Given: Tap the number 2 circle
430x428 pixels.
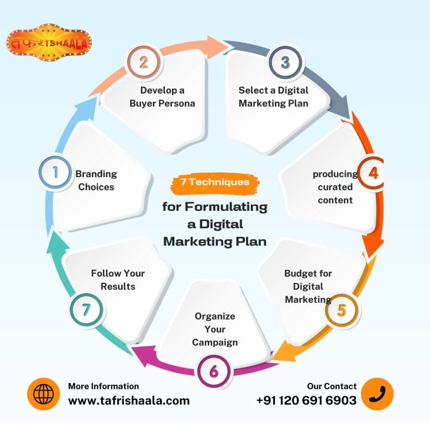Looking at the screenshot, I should coord(143,63).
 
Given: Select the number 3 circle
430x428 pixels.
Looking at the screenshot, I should coord(285,63).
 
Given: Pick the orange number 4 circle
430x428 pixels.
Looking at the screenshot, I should coord(373,173).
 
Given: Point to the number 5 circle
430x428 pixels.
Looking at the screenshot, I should coord(341,310).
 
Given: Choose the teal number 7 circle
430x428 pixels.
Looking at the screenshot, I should coord(86,310).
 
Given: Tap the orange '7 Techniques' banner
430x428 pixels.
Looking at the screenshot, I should coord(215,182).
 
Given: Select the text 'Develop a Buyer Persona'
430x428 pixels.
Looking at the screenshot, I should coord(162,96).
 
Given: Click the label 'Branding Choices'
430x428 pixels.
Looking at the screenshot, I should coord(96,180).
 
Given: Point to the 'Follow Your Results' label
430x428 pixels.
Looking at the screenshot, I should coord(118,279).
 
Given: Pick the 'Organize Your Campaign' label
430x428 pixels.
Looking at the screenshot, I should coord(215,329).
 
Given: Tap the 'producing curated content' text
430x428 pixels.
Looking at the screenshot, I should coord(335,187).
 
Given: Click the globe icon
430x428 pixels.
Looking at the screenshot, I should coord(43,395).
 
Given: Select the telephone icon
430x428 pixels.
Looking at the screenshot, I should coord(377,395).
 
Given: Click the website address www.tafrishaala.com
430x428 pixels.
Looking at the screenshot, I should coord(129,400).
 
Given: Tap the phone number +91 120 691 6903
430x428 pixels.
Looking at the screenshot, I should coord(306,400).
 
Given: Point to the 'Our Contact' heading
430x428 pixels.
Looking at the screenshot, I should coord(332,386).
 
